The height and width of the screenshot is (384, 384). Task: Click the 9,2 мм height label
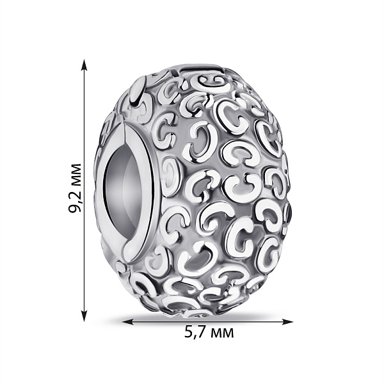[74, 188]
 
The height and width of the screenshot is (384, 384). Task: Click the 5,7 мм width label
[209, 332]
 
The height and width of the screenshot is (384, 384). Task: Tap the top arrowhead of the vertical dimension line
[84, 67]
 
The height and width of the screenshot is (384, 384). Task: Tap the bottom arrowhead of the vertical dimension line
[84, 314]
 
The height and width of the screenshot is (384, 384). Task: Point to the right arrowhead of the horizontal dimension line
[286, 322]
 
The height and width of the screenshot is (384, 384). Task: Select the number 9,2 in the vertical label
[74, 204]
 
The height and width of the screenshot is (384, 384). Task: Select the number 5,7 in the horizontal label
[195, 333]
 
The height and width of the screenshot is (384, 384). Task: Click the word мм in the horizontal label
[222, 334]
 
